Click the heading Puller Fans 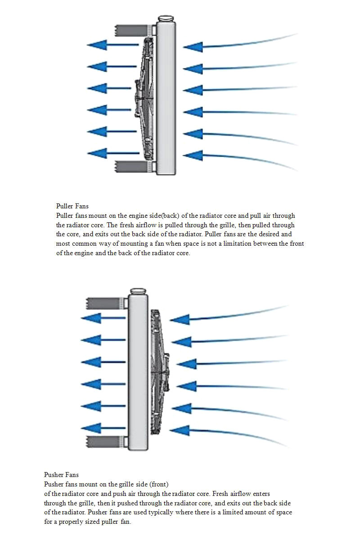(72, 207)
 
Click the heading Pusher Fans (61, 475)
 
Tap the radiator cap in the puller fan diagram (166, 19)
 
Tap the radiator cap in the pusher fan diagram (138, 292)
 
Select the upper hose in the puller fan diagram (130, 31)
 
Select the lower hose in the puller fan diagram (130, 167)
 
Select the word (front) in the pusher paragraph (158, 485)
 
